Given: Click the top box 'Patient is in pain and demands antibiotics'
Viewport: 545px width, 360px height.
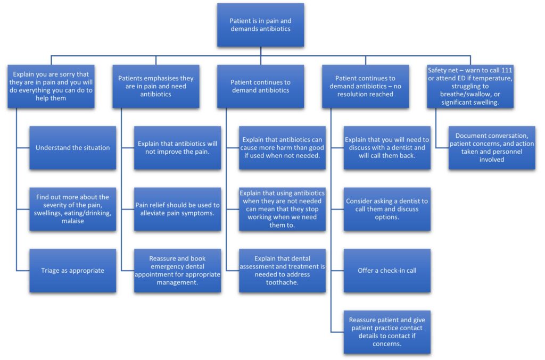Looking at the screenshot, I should pyautogui.click(x=260, y=25).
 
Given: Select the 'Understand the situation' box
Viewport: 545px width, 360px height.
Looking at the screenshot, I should pyautogui.click(x=72, y=148).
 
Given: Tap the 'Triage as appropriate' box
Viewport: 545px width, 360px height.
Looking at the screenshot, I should pyautogui.click(x=72, y=270).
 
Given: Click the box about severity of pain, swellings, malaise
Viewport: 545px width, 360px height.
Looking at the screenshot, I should pyautogui.click(x=72, y=209).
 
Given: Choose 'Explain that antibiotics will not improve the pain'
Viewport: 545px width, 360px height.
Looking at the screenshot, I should pyautogui.click(x=177, y=148).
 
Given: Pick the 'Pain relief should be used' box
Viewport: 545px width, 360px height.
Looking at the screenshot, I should pyautogui.click(x=177, y=209).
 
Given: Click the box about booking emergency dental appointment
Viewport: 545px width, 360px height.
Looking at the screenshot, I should pyautogui.click(x=177, y=270).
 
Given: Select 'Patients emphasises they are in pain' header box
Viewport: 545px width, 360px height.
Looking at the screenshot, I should pyautogui.click(x=155, y=86).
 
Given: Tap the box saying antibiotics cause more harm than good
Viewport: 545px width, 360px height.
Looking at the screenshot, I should pyautogui.click(x=282, y=148).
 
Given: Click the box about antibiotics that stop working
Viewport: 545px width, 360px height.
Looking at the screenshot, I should pyautogui.click(x=282, y=209).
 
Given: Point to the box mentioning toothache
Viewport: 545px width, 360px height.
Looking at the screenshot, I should pyautogui.click(x=282, y=270).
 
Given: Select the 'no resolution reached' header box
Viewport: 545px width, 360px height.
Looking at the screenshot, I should pyautogui.click(x=365, y=86).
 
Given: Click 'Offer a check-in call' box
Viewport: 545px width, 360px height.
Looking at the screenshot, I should pyautogui.click(x=387, y=270).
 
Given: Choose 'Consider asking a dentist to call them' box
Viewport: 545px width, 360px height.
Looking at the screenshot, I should pyautogui.click(x=387, y=209).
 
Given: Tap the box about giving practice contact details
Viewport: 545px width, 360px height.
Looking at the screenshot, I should pyautogui.click(x=387, y=332).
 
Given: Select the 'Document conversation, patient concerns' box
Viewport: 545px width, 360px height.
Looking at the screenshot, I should pyautogui.click(x=492, y=148).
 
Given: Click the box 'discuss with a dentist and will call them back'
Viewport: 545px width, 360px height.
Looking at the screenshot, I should pyautogui.click(x=387, y=148).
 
